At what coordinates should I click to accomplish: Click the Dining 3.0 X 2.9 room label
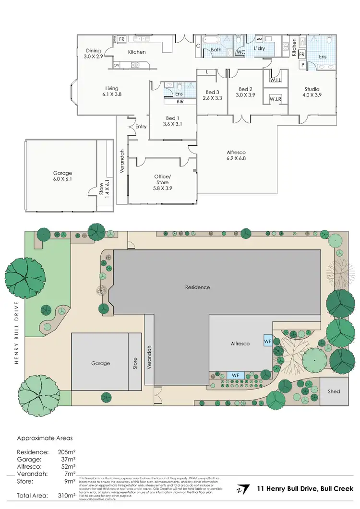[x=94, y=53]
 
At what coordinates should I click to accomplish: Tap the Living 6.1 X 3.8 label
[x=112, y=91]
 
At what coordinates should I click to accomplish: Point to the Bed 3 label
[x=212, y=95]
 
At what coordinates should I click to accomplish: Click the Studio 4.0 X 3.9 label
[x=312, y=92]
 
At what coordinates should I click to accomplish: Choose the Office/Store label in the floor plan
[x=162, y=179]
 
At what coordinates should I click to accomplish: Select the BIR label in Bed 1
[x=180, y=102]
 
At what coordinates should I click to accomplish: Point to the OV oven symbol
[x=116, y=65]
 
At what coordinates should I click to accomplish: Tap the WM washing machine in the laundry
[x=259, y=39]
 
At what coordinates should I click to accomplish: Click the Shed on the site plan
[x=334, y=391]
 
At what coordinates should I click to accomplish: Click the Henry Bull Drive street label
[x=16, y=333]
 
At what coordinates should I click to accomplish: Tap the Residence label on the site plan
[x=197, y=287]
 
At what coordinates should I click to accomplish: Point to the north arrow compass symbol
[x=244, y=489]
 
